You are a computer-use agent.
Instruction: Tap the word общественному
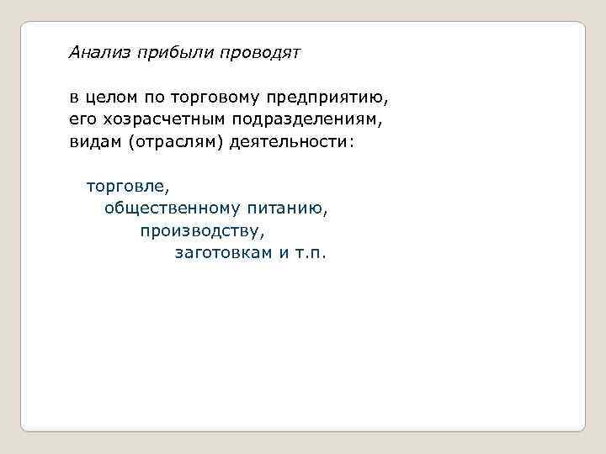[x=173, y=207]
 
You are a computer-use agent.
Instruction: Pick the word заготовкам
[x=223, y=251]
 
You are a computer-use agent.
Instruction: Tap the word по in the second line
[x=157, y=98]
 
